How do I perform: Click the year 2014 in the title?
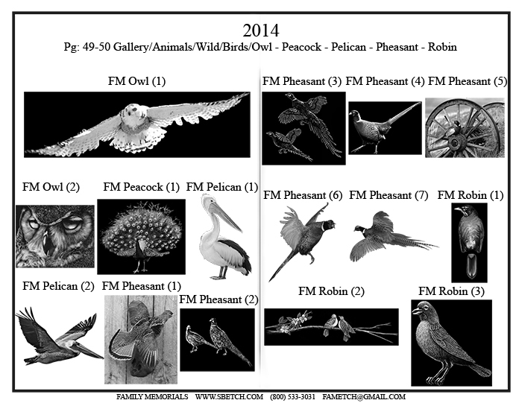pos(261,31)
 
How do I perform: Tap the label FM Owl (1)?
pos(136,80)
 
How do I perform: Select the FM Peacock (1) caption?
pos(141,187)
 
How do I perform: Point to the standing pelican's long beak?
pos(225,216)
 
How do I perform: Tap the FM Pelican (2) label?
pos(58,286)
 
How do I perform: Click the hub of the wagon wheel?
pos(455,142)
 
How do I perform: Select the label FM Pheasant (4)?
pos(386,81)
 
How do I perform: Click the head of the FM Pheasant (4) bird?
pos(354,114)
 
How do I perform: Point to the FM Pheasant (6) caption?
pos(303,195)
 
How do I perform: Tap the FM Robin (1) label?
pos(471,195)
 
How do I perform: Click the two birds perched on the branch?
pos(339,326)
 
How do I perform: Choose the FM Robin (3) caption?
pos(451,291)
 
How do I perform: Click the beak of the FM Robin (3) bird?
pos(416,311)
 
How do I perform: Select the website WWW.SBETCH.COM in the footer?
pos(229,397)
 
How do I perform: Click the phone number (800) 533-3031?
pos(292,397)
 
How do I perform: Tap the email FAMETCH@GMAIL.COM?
pos(364,397)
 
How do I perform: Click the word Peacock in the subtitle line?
pos(301,47)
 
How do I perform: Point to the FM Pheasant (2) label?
pos(218,299)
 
